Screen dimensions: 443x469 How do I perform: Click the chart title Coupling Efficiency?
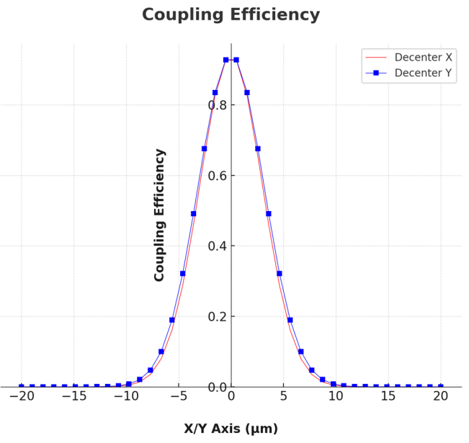pyautogui.click(x=231, y=15)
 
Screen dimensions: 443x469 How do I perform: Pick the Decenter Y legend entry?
pyautogui.click(x=424, y=73)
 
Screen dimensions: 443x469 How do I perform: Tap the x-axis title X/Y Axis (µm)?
pyautogui.click(x=231, y=429)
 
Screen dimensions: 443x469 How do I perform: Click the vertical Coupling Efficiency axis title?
pyautogui.click(x=160, y=215)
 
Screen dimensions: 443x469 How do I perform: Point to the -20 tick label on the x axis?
pyautogui.click(x=22, y=396)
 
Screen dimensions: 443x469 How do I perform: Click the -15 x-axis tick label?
pyautogui.click(x=74, y=396)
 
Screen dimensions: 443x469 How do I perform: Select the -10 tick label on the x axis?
pyautogui.click(x=126, y=396)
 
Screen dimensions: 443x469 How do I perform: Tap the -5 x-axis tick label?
pyautogui.click(x=179, y=396)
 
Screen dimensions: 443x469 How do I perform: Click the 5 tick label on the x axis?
pyautogui.click(x=284, y=396)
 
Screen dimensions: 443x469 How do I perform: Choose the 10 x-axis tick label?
pyautogui.click(x=336, y=396)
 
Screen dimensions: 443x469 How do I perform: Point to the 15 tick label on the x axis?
pyautogui.click(x=388, y=396)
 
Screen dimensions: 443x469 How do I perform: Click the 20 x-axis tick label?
pyautogui.click(x=441, y=396)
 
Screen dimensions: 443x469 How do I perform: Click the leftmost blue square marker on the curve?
pyautogui.click(x=22, y=387)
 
